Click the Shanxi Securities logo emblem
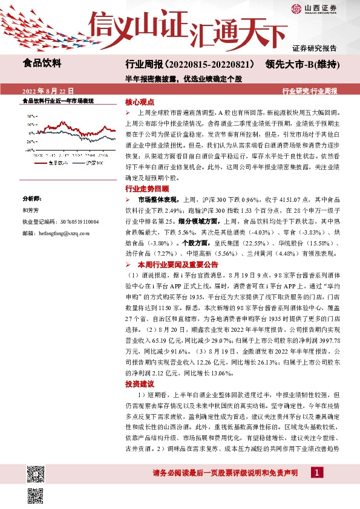tap(296, 9)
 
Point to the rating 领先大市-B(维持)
tap(301, 64)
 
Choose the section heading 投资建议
tap(140, 384)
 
